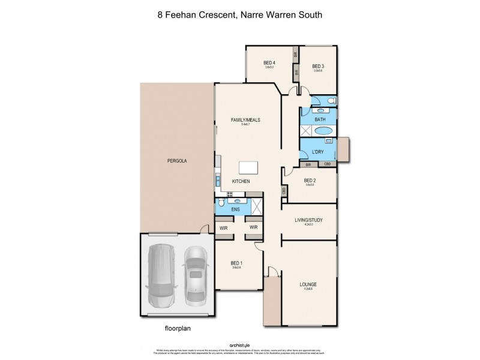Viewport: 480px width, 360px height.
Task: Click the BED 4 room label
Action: pos(269,63)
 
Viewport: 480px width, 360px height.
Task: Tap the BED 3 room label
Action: pos(318,66)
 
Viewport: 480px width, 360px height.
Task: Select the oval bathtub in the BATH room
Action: pos(323,130)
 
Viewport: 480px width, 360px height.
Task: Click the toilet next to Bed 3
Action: pos(332,100)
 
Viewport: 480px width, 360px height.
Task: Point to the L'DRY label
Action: pos(318,151)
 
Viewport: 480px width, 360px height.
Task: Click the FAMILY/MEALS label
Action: pos(245,120)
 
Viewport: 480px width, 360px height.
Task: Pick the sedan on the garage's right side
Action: pos(195,274)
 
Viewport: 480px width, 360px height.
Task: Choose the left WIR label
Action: pos(223,227)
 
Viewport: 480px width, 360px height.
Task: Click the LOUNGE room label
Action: pos(309,284)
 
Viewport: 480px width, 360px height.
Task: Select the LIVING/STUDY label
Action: pos(309,220)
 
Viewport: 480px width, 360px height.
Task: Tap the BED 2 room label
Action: pos(310,180)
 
